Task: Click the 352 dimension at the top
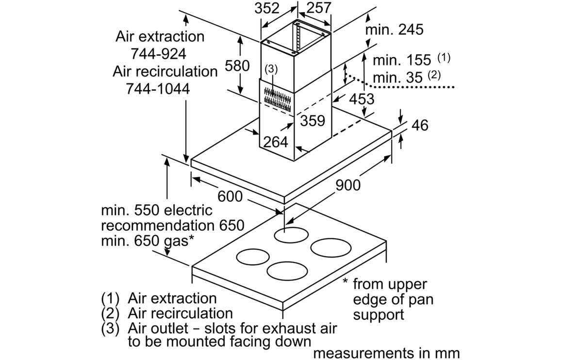(267, 8)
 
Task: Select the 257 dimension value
(319, 8)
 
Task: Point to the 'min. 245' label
(394, 29)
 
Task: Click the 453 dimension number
(362, 99)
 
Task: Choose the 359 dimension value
(312, 120)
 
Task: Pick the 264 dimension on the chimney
(276, 142)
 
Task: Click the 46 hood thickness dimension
(420, 125)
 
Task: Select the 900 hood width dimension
(347, 185)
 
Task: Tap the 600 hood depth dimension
(230, 196)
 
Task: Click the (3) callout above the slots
(271, 69)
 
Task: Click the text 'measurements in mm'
(386, 353)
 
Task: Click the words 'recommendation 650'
(172, 226)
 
